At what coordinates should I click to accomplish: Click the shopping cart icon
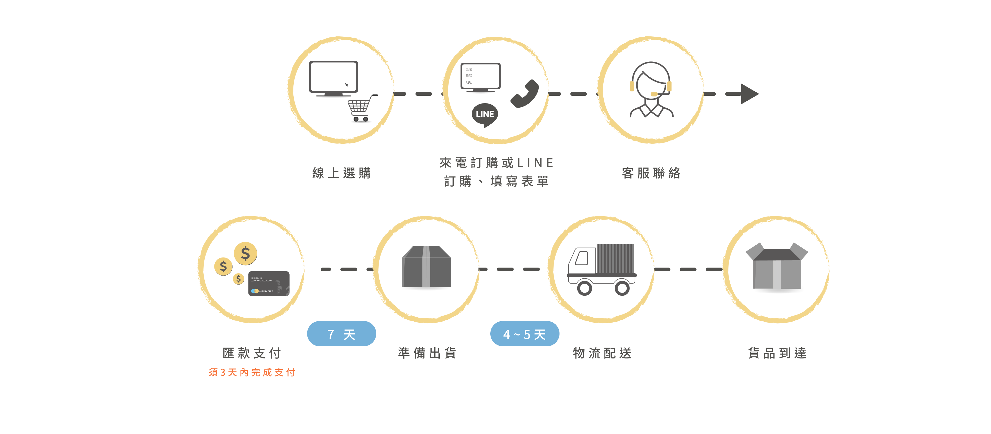361,108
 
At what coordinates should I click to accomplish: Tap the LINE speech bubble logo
485,115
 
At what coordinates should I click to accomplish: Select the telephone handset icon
525,93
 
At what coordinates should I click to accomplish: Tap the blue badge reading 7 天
341,334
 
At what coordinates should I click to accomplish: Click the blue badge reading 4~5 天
524,334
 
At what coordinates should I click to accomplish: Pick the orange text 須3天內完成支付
252,372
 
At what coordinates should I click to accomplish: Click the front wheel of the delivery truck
584,288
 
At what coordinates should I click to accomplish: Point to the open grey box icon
777,266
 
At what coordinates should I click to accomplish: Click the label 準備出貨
427,353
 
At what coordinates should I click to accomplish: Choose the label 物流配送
602,353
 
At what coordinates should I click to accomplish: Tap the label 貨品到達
777,353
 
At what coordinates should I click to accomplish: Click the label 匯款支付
252,353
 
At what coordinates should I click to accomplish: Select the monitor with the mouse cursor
333,77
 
